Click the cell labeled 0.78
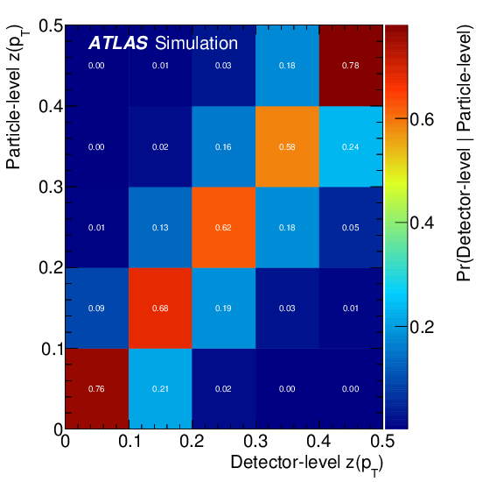point(351,66)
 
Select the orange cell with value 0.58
point(287,146)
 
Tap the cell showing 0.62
point(223,227)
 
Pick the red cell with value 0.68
point(160,308)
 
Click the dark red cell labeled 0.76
point(96,388)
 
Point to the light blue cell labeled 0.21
point(160,388)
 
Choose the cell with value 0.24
point(351,146)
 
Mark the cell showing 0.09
point(96,308)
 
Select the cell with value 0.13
point(160,227)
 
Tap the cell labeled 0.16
point(223,146)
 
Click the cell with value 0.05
point(351,227)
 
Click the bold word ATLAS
point(117,43)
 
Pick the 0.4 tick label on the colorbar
point(423,223)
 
